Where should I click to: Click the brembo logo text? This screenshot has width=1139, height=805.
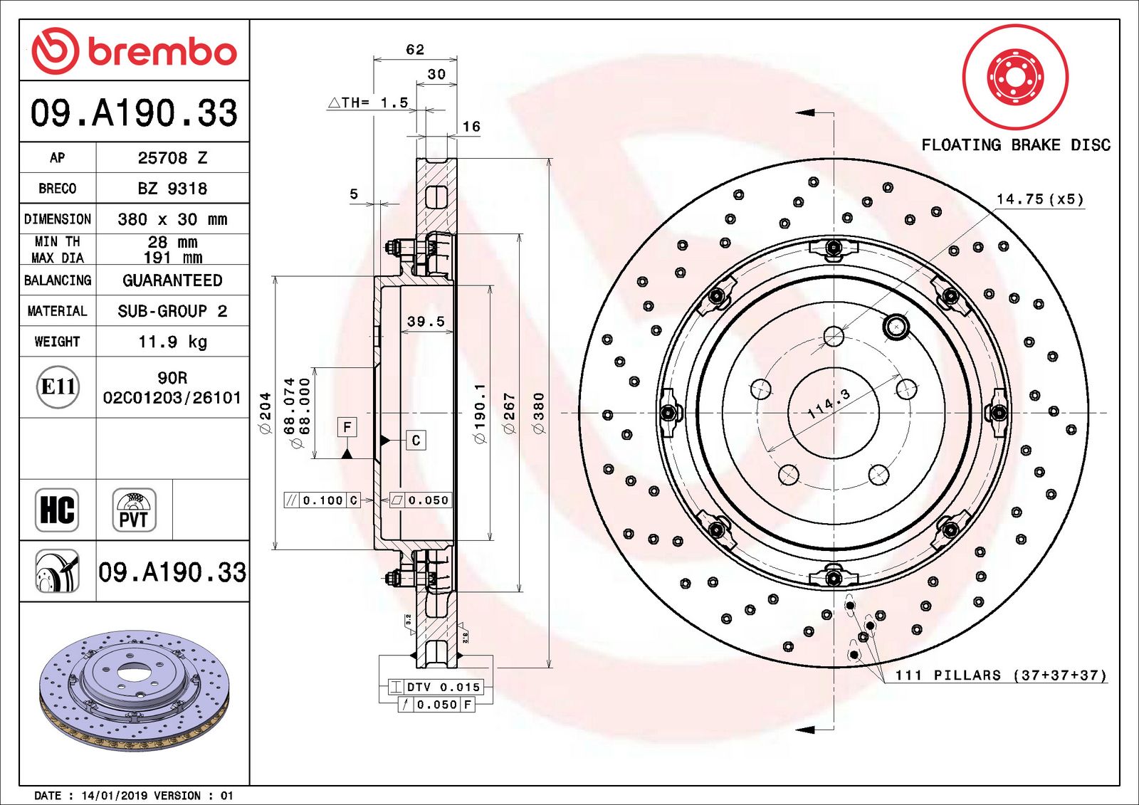pyautogui.click(x=162, y=51)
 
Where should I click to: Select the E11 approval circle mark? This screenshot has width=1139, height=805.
pyautogui.click(x=58, y=387)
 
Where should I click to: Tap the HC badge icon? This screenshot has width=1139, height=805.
pyautogui.click(x=57, y=510)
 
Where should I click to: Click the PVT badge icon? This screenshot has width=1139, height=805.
pyautogui.click(x=134, y=510)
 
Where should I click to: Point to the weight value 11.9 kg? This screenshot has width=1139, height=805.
pyautogui.click(x=172, y=342)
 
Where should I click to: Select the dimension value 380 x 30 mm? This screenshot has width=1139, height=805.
pyautogui.click(x=172, y=219)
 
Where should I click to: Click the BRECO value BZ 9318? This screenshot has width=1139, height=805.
pyautogui.click(x=172, y=189)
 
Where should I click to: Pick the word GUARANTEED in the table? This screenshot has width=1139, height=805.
pyautogui.click(x=172, y=280)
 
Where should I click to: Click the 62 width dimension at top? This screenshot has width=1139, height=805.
pyautogui.click(x=415, y=50)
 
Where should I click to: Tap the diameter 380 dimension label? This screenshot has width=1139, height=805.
pyautogui.click(x=539, y=413)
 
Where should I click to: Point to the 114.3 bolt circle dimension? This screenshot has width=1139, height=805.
pyautogui.click(x=829, y=404)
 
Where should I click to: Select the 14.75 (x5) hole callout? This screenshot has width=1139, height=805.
pyautogui.click(x=1039, y=199)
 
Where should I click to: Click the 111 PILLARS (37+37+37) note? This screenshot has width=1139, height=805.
pyautogui.click(x=1000, y=675)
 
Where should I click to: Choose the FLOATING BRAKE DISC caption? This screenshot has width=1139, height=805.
pyautogui.click(x=1016, y=145)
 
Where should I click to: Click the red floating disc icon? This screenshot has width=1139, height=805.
pyautogui.click(x=1015, y=76)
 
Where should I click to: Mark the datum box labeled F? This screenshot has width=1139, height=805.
pyautogui.click(x=347, y=427)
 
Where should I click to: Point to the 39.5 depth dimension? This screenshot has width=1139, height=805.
pyautogui.click(x=426, y=322)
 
